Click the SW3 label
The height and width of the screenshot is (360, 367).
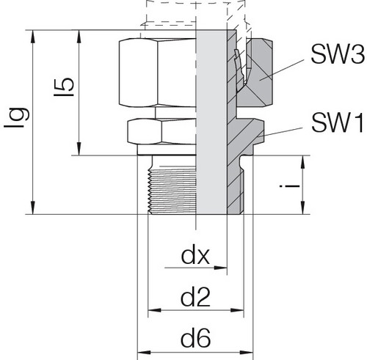click(x=338, y=54)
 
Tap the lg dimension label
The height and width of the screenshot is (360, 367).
click(x=17, y=117)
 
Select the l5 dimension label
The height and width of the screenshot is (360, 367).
click(x=64, y=87)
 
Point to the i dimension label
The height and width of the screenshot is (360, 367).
click(x=290, y=186)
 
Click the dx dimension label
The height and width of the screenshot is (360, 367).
click(x=195, y=256)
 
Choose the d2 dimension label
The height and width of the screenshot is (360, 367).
click(x=195, y=297)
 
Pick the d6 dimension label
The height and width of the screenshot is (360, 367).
click(x=195, y=339)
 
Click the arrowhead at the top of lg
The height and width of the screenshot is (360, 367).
click(x=33, y=37)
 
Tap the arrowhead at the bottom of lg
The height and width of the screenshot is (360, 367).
click(x=33, y=207)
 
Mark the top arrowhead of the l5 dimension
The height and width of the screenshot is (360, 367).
click(x=79, y=37)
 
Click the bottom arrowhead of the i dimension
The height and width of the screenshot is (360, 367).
click(x=303, y=207)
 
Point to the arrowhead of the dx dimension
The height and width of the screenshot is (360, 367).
click(x=221, y=268)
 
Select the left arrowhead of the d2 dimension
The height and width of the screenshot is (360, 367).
click(x=155, y=310)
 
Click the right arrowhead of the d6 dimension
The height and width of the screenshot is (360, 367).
click(x=246, y=353)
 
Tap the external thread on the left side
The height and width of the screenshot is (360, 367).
click(x=172, y=190)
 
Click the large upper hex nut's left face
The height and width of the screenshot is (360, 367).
click(x=139, y=73)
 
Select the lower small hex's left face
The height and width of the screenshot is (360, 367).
click(x=145, y=131)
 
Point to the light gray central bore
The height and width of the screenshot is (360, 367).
click(x=212, y=122)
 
